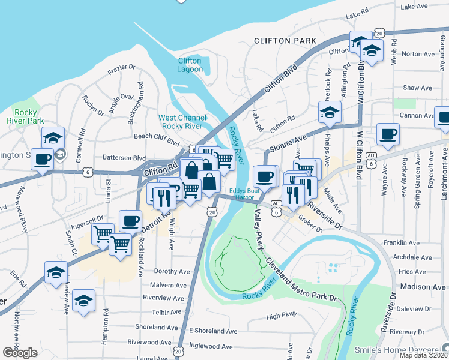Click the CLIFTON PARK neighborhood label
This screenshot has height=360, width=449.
pyautogui.click(x=285, y=41)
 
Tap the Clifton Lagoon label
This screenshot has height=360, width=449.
pyautogui.click(x=190, y=65)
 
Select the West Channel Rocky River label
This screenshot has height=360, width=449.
pyautogui.click(x=182, y=122)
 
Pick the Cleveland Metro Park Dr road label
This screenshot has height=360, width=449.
pyautogui.click(x=300, y=281)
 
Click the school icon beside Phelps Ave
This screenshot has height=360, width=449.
pyautogui.click(x=330, y=112)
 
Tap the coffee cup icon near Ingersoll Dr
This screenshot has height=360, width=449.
pyautogui.click(x=130, y=221)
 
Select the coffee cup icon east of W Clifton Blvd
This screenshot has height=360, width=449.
pyautogui.click(x=388, y=134)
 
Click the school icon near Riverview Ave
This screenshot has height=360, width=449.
pyautogui.click(x=84, y=300)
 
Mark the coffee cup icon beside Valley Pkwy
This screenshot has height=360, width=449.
pyautogui.click(x=264, y=176)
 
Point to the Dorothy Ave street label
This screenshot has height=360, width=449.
pyautogui.click(x=172, y=271)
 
